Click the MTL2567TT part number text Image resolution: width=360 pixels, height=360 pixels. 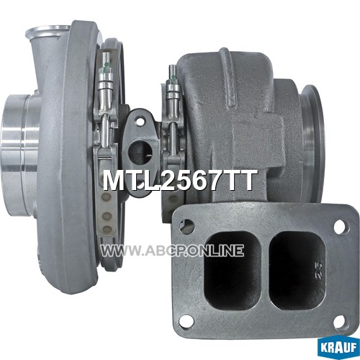coord(179,181)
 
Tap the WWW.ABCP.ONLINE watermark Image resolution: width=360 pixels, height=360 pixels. coord(172,251)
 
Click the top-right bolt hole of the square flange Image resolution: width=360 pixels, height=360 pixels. coord(341,226)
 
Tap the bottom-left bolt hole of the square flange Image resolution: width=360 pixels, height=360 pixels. coord(186,320)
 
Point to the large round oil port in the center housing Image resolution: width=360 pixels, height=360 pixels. coord(140,151)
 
